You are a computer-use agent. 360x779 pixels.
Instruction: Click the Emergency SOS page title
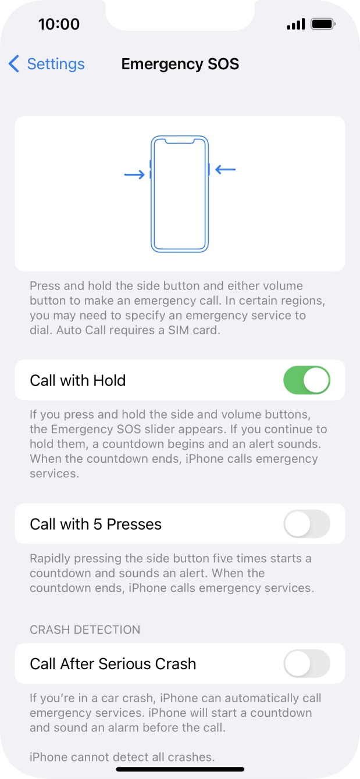(180, 64)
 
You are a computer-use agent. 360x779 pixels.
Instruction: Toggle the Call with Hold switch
(306, 380)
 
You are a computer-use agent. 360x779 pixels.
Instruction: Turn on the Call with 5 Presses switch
(306, 524)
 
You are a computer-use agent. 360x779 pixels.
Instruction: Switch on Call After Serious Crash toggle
(306, 663)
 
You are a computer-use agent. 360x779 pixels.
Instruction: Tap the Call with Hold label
(78, 381)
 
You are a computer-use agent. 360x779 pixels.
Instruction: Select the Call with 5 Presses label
(95, 524)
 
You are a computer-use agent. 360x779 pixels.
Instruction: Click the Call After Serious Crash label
(113, 664)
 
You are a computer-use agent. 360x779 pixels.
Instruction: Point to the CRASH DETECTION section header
(85, 630)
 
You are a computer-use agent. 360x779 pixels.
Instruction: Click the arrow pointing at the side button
(226, 170)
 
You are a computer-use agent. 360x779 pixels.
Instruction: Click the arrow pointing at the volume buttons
(134, 174)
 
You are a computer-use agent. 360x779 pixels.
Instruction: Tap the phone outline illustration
(179, 194)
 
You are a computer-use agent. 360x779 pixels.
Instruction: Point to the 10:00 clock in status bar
(59, 24)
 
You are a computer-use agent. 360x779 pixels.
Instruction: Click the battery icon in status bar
(323, 24)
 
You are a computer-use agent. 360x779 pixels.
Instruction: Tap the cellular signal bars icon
(296, 24)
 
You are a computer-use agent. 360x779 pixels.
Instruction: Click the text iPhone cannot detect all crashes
(122, 757)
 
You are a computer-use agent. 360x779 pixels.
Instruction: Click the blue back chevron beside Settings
(14, 64)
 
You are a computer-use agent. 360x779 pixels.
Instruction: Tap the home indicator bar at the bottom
(180, 769)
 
